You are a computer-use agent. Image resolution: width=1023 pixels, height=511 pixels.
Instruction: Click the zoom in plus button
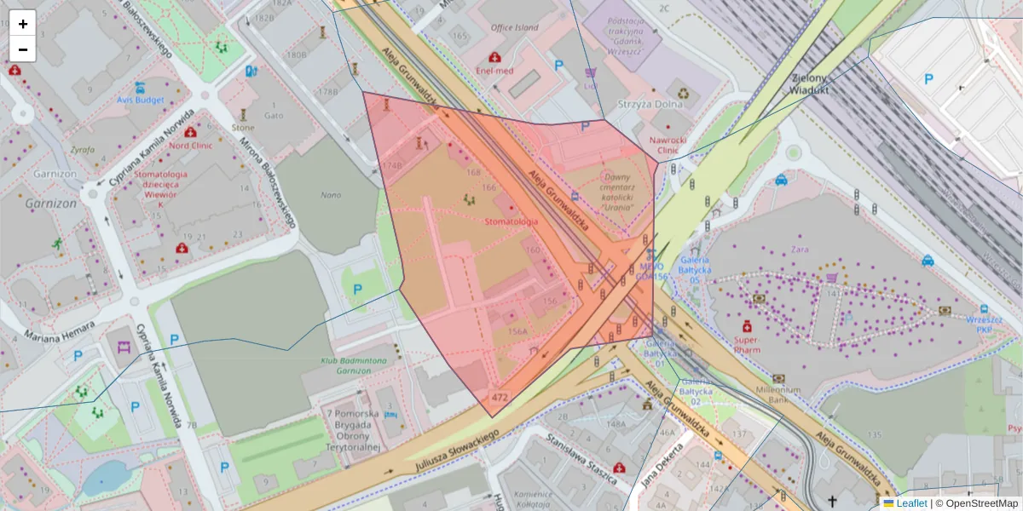(23, 23)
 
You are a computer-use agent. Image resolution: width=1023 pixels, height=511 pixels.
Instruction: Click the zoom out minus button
(23, 49)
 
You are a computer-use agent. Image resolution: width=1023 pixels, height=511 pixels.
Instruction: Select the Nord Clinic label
(190, 145)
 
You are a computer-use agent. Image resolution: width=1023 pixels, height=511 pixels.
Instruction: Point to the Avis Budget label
(140, 99)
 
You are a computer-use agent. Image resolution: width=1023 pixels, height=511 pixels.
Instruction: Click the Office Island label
(514, 27)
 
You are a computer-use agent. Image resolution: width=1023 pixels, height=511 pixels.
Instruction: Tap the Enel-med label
(494, 71)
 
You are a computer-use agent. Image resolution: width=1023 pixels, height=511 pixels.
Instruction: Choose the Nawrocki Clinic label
(668, 145)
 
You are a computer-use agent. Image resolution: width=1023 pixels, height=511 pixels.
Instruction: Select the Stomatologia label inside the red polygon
(511, 221)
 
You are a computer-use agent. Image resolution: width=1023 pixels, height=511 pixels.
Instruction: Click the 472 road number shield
(500, 397)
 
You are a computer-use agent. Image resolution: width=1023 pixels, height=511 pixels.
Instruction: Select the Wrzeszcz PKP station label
(984, 324)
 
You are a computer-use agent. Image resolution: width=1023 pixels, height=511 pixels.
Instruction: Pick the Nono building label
(331, 195)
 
